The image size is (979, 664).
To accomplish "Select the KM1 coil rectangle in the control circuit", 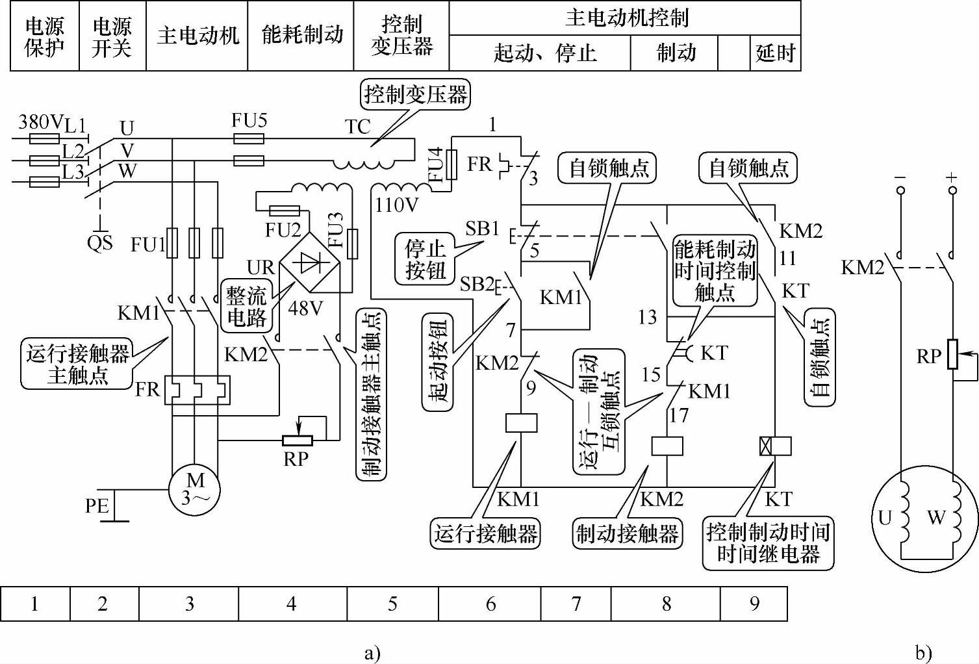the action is [521, 423].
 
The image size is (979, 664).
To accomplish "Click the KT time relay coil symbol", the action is [775, 446].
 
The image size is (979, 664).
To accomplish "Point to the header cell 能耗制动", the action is [301, 36].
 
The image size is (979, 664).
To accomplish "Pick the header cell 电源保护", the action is [45, 36].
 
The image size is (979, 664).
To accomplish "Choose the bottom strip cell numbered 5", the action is [393, 604].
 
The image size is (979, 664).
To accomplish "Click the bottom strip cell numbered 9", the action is [754, 604].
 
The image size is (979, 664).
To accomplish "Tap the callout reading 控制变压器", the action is [415, 94].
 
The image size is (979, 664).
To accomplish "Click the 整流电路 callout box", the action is [247, 307].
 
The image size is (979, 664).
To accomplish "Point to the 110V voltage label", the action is [396, 205].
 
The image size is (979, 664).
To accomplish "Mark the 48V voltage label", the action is [305, 309].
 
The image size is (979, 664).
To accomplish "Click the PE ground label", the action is [97, 506].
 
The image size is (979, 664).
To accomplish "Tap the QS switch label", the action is [99, 242].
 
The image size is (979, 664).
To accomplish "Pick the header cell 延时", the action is [775, 53].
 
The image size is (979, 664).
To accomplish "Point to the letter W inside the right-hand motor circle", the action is [935, 518].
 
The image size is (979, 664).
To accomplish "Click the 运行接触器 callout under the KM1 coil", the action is [485, 534].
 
